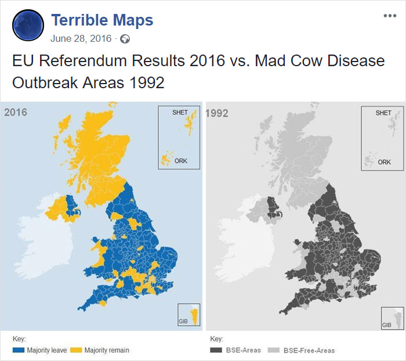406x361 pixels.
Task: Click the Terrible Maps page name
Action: [x=102, y=21]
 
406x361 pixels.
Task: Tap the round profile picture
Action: [x=28, y=26]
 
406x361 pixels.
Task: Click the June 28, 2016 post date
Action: [x=81, y=39]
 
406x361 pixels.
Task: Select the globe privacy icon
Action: [x=125, y=39]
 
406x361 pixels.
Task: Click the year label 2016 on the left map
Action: [x=16, y=113]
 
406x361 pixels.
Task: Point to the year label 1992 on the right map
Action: [x=217, y=113]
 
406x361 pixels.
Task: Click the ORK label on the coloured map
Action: [x=181, y=161]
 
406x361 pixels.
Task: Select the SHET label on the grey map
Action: [x=383, y=113]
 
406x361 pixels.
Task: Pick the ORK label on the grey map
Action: [x=384, y=163]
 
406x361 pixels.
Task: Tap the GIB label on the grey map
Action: [x=386, y=325]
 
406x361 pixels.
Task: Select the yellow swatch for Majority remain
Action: [x=76, y=351]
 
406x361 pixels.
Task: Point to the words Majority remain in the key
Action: [x=107, y=351]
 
